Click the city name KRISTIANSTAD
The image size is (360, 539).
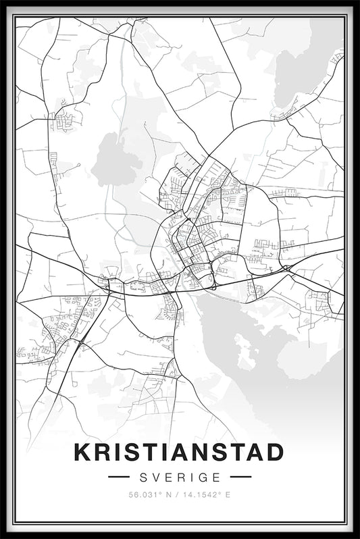click(x=179, y=452)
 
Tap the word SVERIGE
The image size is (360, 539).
click(x=179, y=476)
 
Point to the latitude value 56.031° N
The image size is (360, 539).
click(x=151, y=495)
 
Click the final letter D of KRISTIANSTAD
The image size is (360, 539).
click(x=274, y=452)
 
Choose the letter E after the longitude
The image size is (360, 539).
click(x=228, y=495)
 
